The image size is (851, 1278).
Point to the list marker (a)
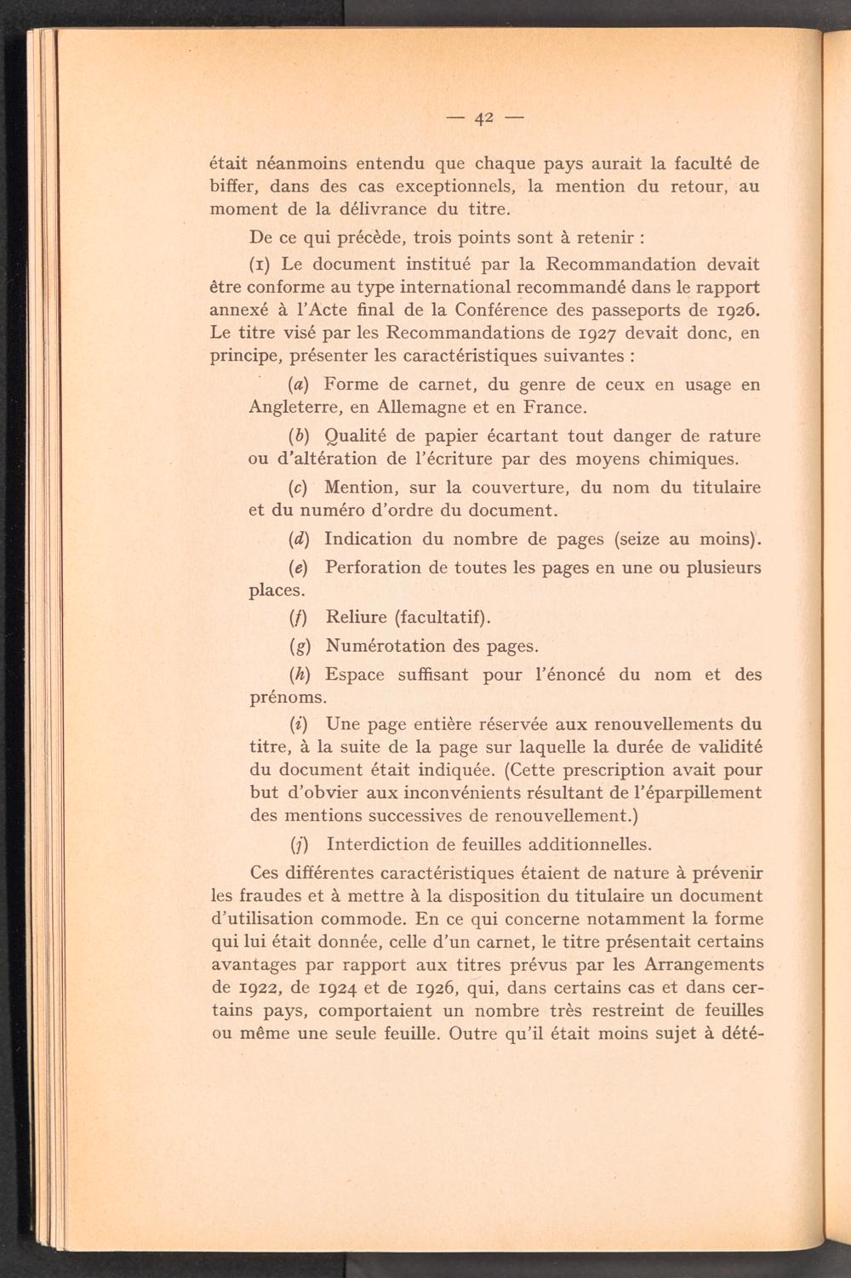(298, 385)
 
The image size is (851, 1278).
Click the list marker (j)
(298, 845)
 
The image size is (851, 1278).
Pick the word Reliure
(357, 616)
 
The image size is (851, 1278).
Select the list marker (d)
(298, 539)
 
